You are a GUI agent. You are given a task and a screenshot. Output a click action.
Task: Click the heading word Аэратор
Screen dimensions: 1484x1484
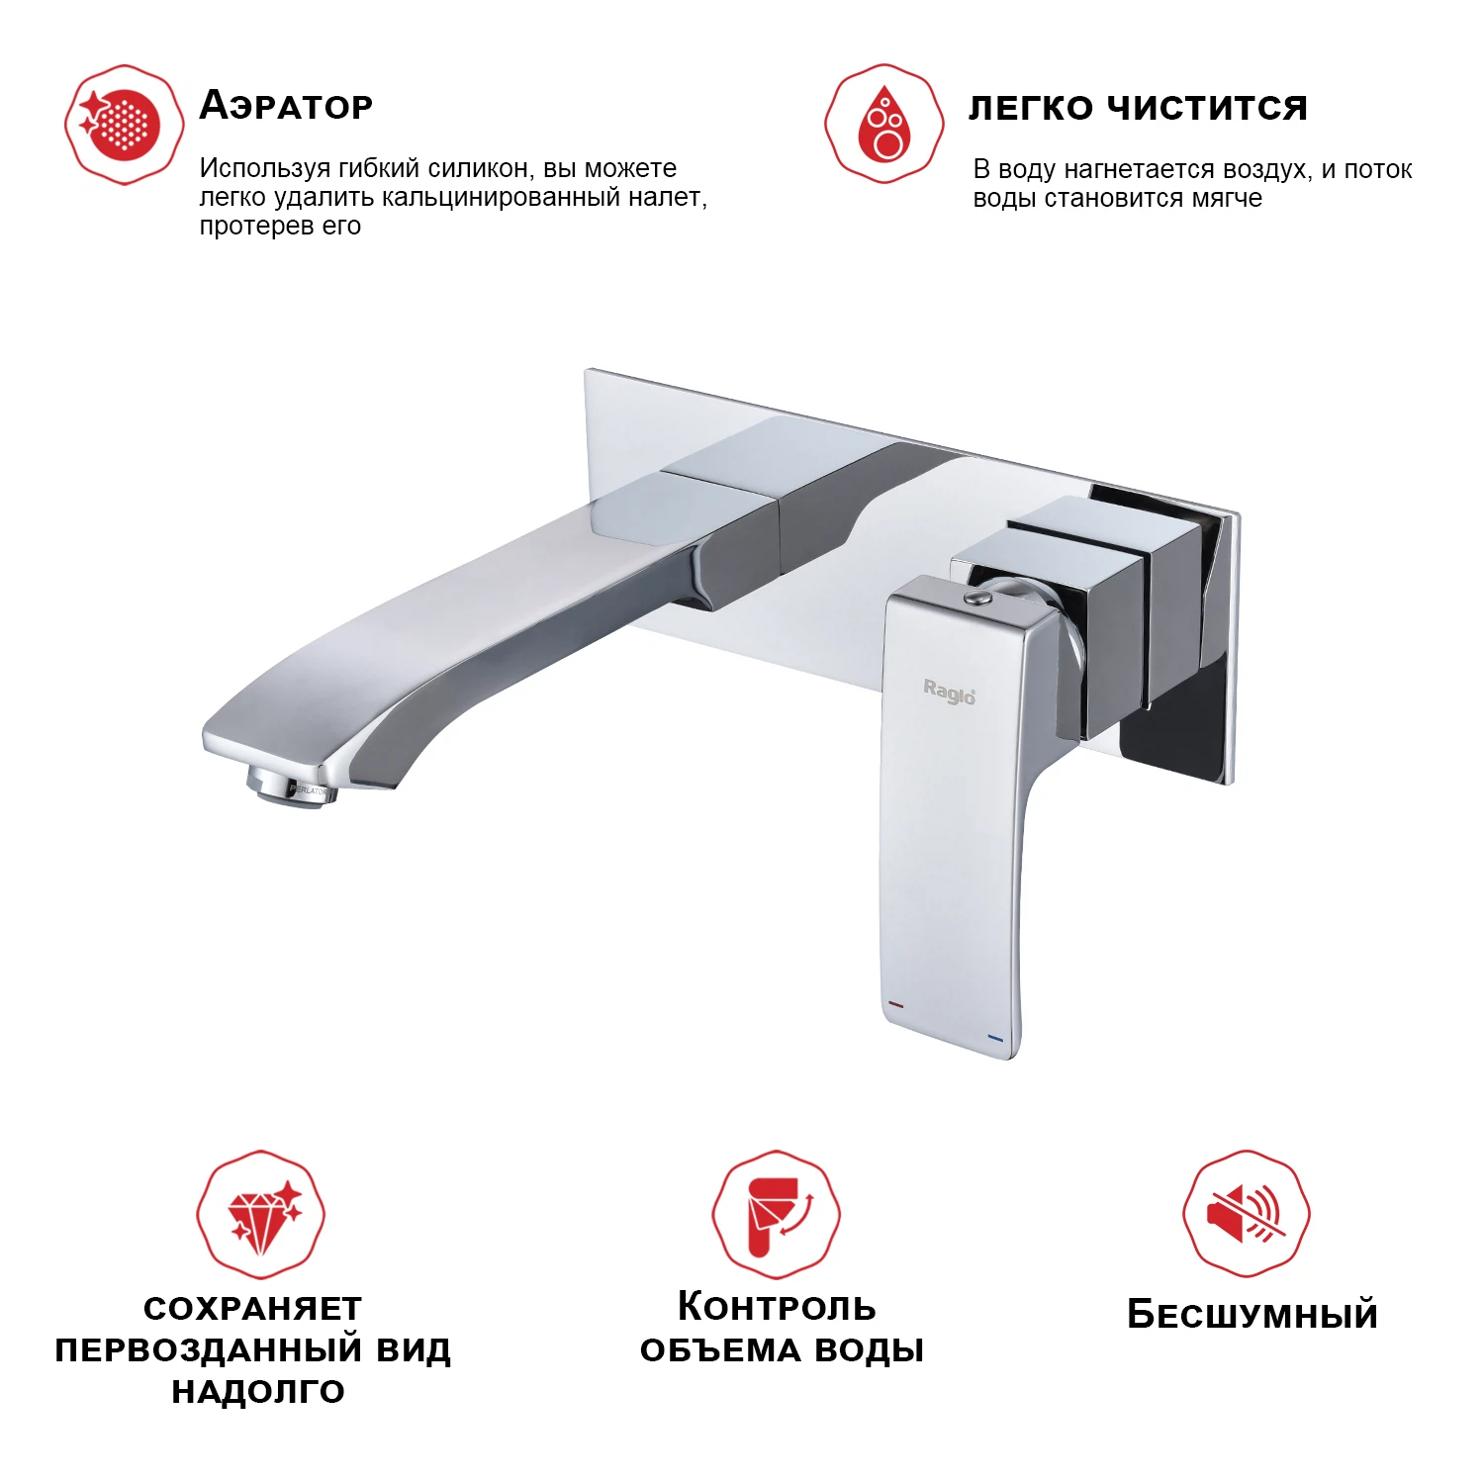286,105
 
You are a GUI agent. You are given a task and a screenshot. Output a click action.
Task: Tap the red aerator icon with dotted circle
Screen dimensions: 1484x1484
124,125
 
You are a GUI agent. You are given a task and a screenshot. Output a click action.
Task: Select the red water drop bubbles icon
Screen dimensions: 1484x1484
884,124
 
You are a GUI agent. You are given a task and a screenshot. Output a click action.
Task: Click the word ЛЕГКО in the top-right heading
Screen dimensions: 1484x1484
1031,107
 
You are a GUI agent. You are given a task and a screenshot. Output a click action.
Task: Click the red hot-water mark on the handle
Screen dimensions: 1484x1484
896,1004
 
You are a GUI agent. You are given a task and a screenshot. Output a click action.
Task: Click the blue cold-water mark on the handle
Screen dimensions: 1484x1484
995,1039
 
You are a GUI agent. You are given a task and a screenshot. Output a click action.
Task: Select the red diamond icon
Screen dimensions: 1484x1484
261,1213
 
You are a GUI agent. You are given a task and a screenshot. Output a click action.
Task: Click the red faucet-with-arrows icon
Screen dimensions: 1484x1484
777,1214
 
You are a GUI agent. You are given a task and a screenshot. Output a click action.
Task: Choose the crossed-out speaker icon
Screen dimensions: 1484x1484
1247,1213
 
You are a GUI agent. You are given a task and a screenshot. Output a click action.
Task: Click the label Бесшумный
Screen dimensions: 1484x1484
1252,1315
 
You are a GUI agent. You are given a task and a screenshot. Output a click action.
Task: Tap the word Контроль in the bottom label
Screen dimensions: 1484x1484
777,1307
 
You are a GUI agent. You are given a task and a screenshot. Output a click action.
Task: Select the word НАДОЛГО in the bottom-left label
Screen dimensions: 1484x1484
258,1391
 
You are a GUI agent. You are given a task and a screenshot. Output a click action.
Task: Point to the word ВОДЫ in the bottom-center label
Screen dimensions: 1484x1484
868,1349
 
